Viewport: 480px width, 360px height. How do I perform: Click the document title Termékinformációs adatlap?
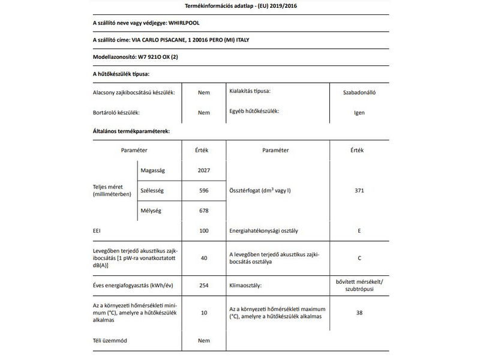(240, 7)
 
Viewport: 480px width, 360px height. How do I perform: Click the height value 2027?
(204, 170)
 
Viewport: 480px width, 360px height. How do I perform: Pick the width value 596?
(204, 190)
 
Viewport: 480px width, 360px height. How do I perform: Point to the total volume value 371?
(360, 190)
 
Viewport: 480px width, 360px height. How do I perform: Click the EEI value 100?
(204, 230)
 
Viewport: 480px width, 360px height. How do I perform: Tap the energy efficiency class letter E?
(360, 230)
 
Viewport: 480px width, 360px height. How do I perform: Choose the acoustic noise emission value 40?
(204, 257)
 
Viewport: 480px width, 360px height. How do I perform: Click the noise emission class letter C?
(360, 258)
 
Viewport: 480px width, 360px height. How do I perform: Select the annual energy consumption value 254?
(204, 285)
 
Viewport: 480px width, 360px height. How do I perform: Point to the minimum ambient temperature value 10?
(204, 313)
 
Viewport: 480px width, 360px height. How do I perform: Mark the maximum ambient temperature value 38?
(360, 313)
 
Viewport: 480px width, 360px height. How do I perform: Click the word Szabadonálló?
(360, 93)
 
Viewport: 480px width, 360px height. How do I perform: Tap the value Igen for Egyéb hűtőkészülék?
(360, 112)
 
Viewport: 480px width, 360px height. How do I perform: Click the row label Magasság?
(152, 170)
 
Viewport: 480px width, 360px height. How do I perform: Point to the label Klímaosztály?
(246, 285)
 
